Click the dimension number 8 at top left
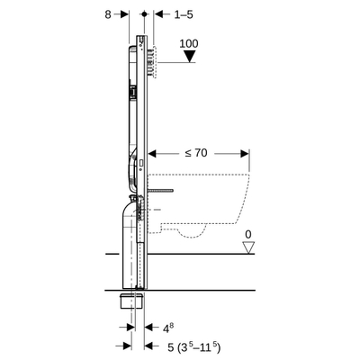pos(109,14)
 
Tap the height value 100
pos(188,43)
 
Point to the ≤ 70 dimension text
pos(195,154)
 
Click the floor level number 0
pos(248,235)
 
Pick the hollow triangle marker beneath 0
pos(248,247)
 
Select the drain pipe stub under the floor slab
pos(132,302)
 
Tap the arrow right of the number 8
pos(126,14)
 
